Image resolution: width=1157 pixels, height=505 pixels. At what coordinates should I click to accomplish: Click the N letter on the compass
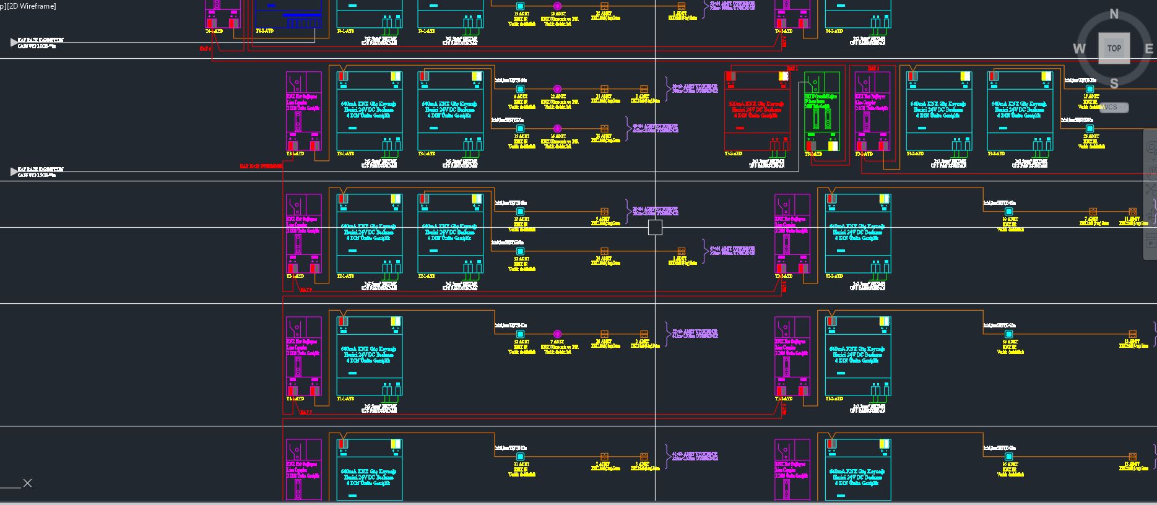(x=1114, y=14)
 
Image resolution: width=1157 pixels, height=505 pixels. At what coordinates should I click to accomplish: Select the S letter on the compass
(x=1114, y=84)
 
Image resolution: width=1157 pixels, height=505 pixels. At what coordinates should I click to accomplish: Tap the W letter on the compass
(x=1079, y=49)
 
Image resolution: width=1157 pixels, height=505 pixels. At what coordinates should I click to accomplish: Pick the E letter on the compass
(x=1149, y=49)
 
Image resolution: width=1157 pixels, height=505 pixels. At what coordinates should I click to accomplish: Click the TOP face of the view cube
(x=1114, y=48)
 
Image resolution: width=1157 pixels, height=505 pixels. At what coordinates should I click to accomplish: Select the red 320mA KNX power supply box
(x=756, y=111)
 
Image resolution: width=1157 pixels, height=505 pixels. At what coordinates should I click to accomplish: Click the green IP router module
(x=821, y=111)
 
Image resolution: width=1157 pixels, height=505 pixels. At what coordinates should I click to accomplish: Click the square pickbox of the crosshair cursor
(x=655, y=228)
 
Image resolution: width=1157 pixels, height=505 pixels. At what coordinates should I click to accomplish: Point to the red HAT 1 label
(x=792, y=68)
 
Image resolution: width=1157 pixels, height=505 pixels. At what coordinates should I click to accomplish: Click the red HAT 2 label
(x=873, y=68)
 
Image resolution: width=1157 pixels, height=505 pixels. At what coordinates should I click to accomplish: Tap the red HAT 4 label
(x=206, y=48)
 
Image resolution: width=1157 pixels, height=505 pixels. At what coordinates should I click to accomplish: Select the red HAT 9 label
(x=306, y=290)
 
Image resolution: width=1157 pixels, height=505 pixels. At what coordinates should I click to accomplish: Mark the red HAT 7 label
(x=306, y=412)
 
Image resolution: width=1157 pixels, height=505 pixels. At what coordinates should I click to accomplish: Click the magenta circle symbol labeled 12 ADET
(x=557, y=89)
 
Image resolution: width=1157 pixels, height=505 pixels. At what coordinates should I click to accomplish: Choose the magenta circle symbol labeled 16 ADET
(x=557, y=129)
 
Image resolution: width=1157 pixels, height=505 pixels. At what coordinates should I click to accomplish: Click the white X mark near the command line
(x=27, y=483)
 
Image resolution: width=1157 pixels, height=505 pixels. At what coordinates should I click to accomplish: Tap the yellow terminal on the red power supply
(x=783, y=76)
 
